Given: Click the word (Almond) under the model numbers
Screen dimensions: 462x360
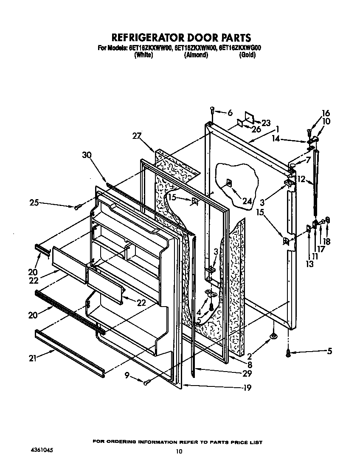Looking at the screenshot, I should (x=196, y=55).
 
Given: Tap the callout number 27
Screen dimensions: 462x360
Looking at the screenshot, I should (x=136, y=136).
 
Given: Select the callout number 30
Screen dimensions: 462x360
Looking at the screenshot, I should (x=87, y=155).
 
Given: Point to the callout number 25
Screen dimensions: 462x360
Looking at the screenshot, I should (x=34, y=203).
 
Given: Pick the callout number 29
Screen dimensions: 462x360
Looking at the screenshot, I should (x=247, y=374).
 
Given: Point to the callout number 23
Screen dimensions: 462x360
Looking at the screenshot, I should (x=266, y=123).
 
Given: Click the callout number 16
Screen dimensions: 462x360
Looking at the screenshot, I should (x=326, y=113).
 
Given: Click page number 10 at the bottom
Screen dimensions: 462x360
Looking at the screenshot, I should (x=180, y=451).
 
